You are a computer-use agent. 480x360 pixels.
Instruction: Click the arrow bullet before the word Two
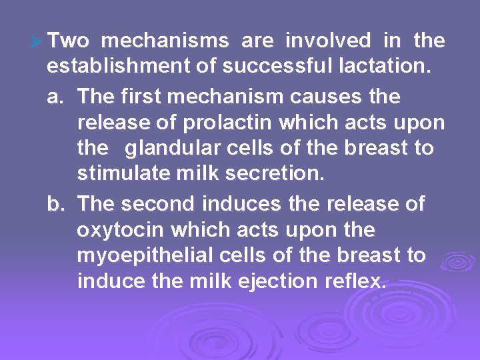[37, 42]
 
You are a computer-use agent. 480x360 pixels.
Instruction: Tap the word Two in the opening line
[69, 41]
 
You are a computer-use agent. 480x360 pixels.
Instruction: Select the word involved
[328, 41]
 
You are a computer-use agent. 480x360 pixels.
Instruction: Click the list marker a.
[56, 97]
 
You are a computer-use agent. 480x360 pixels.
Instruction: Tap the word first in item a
[143, 97]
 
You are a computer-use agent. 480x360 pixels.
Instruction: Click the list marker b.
[56, 204]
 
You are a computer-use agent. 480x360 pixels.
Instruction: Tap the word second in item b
[161, 204]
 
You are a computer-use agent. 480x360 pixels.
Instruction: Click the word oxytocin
[120, 231]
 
